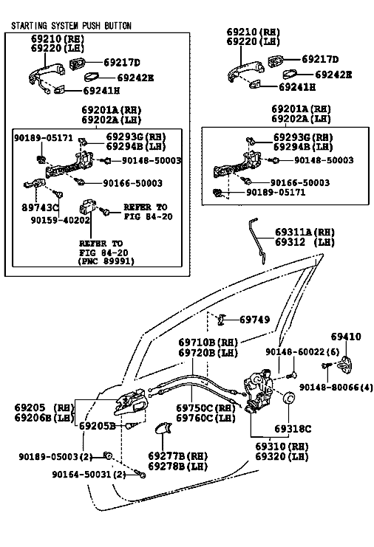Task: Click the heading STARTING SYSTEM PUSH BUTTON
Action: click(x=71, y=26)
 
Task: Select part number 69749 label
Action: click(x=254, y=320)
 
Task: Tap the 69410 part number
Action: click(x=346, y=337)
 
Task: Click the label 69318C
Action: click(x=293, y=429)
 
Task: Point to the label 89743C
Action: click(x=40, y=208)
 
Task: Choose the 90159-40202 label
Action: click(x=61, y=221)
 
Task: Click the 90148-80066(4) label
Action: click(x=336, y=388)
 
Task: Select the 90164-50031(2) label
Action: click(x=89, y=475)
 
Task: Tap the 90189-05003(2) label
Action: click(x=56, y=457)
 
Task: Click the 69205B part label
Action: click(x=98, y=426)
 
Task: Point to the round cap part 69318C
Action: click(x=288, y=398)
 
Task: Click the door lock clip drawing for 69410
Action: click(x=346, y=365)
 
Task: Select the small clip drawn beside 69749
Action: click(x=220, y=320)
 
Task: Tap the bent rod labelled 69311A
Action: click(x=259, y=241)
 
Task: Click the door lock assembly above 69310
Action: click(x=259, y=390)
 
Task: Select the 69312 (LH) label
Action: click(x=305, y=242)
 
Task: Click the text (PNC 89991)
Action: click(x=106, y=261)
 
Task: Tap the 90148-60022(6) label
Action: click(x=302, y=352)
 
